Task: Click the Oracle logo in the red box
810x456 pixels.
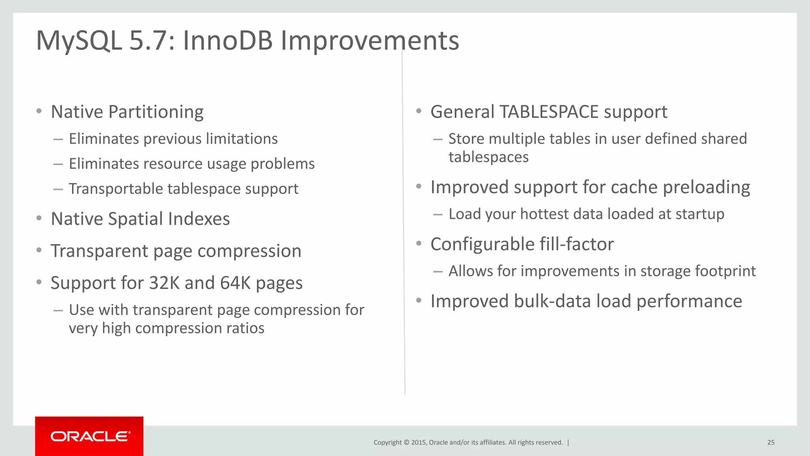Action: [x=90, y=436]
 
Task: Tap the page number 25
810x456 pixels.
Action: [x=770, y=443]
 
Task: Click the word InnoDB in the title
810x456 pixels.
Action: [x=227, y=40]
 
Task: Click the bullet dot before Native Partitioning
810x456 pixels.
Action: [x=39, y=111]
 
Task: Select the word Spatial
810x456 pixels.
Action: [x=135, y=219]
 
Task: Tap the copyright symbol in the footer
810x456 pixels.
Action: [x=406, y=443]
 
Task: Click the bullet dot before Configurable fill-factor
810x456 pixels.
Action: [x=418, y=243]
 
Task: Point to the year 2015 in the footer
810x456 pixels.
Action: [x=418, y=443]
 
